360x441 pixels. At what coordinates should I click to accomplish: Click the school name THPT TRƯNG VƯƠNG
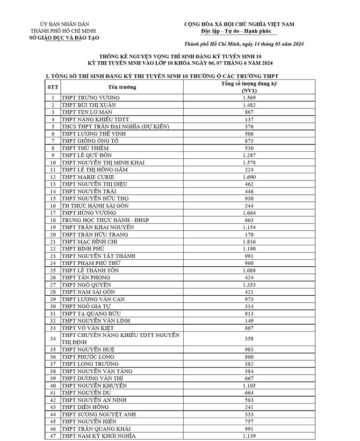pos(91,97)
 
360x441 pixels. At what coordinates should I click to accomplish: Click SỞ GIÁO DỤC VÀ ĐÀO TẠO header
pos(65,37)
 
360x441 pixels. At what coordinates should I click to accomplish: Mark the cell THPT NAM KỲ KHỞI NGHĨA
pos(99,436)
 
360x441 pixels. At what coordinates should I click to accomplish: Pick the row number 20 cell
pos(53,235)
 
